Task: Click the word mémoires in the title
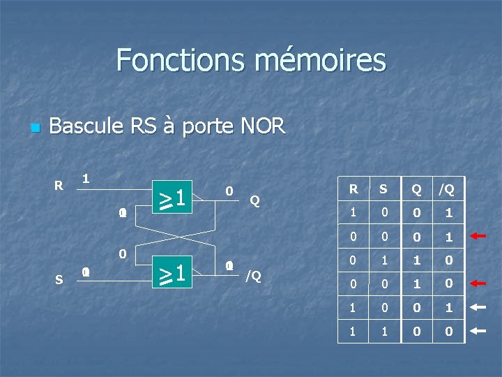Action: (x=319, y=60)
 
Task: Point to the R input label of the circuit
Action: (x=59, y=186)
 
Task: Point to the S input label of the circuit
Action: (x=59, y=279)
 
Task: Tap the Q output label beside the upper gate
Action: (x=255, y=201)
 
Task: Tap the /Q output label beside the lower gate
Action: (x=254, y=275)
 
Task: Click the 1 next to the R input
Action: (x=85, y=179)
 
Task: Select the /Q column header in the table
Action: (x=446, y=188)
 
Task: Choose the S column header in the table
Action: (x=384, y=188)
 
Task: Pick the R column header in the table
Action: (x=353, y=188)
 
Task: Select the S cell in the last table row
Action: (x=384, y=332)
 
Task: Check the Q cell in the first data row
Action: (x=416, y=212)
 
